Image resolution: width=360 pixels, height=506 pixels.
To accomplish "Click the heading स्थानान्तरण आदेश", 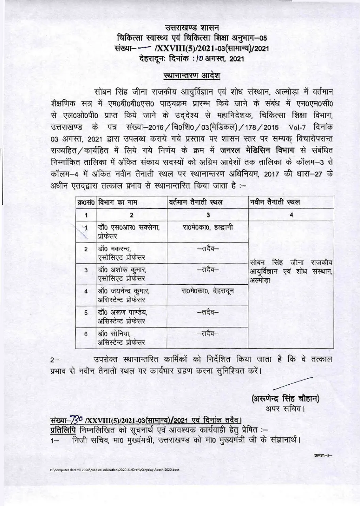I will click(191, 75).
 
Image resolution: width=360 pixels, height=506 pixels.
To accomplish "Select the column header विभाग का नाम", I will click(117, 202).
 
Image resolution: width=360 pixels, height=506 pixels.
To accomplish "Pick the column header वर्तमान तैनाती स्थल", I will click(196, 202).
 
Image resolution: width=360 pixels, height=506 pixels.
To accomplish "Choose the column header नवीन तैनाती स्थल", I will click(275, 202).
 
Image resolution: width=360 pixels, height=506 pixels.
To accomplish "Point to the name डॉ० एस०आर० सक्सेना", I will click(129, 228).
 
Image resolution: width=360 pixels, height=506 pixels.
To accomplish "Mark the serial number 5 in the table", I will click(86, 312).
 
